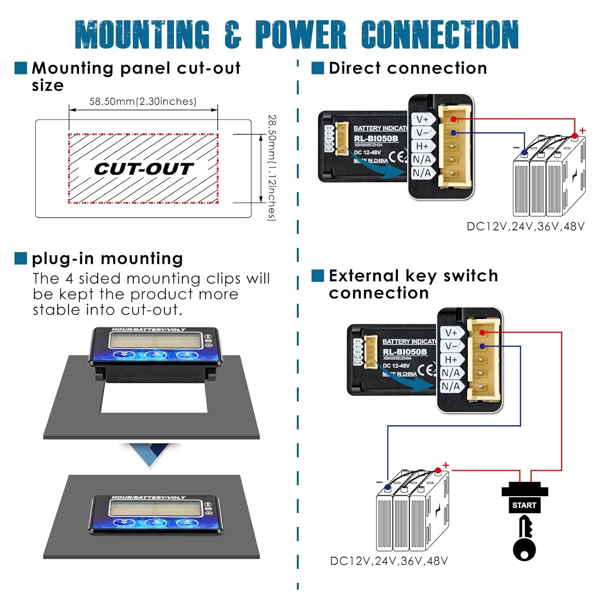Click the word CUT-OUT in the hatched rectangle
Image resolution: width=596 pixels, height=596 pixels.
pyautogui.click(x=144, y=169)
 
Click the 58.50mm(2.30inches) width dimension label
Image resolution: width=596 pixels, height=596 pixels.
pyautogui.click(x=143, y=101)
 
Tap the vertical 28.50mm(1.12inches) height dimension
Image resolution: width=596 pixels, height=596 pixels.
pyautogui.click(x=272, y=168)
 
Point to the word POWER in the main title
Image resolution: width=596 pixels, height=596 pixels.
pyautogui.click(x=301, y=35)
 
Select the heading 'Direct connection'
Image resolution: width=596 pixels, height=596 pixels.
pyautogui.click(x=408, y=68)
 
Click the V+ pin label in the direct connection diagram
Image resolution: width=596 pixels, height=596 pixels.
pyautogui.click(x=422, y=119)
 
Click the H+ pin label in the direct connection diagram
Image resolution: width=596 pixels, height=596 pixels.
pyautogui.click(x=422, y=146)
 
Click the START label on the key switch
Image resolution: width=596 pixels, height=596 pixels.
pyautogui.click(x=524, y=505)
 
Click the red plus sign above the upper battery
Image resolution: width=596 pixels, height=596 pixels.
pyautogui.click(x=582, y=130)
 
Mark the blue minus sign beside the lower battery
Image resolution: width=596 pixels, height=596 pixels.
pyautogui.click(x=380, y=482)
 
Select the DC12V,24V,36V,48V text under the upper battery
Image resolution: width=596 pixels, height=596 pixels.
pyautogui.click(x=525, y=226)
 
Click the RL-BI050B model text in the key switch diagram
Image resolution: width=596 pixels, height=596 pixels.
pyautogui.click(x=405, y=352)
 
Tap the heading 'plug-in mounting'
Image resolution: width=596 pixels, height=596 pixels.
pyautogui.click(x=107, y=259)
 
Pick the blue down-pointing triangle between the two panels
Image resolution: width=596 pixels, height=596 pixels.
pyautogui.click(x=150, y=455)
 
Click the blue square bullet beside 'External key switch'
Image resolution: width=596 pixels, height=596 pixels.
pyautogui.click(x=317, y=275)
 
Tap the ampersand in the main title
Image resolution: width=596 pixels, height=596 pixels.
pyautogui.click(x=233, y=35)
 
